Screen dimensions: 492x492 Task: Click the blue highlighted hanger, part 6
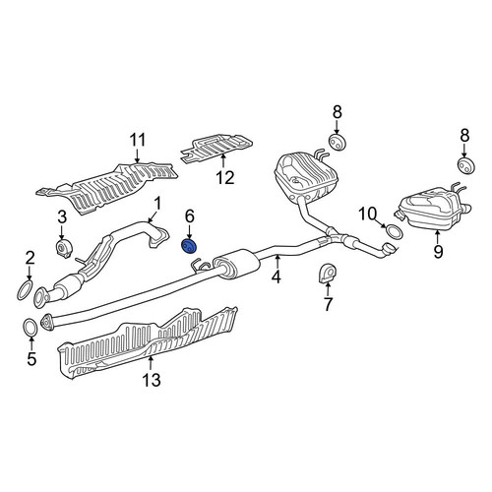pyautogui.click(x=189, y=246)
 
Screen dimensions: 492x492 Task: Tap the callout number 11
pyautogui.click(x=138, y=141)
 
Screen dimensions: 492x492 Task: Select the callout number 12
pyautogui.click(x=225, y=178)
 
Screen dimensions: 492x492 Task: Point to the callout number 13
pyautogui.click(x=152, y=380)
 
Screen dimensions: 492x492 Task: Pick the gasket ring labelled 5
pyautogui.click(x=31, y=328)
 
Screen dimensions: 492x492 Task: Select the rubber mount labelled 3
pyautogui.click(x=63, y=249)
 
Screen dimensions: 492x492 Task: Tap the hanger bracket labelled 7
pyautogui.click(x=328, y=273)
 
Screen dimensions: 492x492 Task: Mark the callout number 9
pyautogui.click(x=438, y=252)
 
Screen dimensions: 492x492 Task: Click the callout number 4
pyautogui.click(x=277, y=277)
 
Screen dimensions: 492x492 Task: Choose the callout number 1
pyautogui.click(x=157, y=204)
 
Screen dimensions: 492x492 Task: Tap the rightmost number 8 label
pyautogui.click(x=464, y=136)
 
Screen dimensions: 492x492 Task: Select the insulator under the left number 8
pyautogui.click(x=338, y=142)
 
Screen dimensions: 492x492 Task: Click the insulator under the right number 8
pyautogui.click(x=466, y=166)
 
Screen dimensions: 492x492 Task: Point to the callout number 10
pyautogui.click(x=367, y=214)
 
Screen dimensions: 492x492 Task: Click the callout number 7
pyautogui.click(x=328, y=304)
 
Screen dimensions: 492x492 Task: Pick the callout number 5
pyautogui.click(x=31, y=359)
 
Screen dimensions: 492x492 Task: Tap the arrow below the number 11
pyautogui.click(x=138, y=155)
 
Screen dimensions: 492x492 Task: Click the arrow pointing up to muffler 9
pyautogui.click(x=438, y=237)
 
